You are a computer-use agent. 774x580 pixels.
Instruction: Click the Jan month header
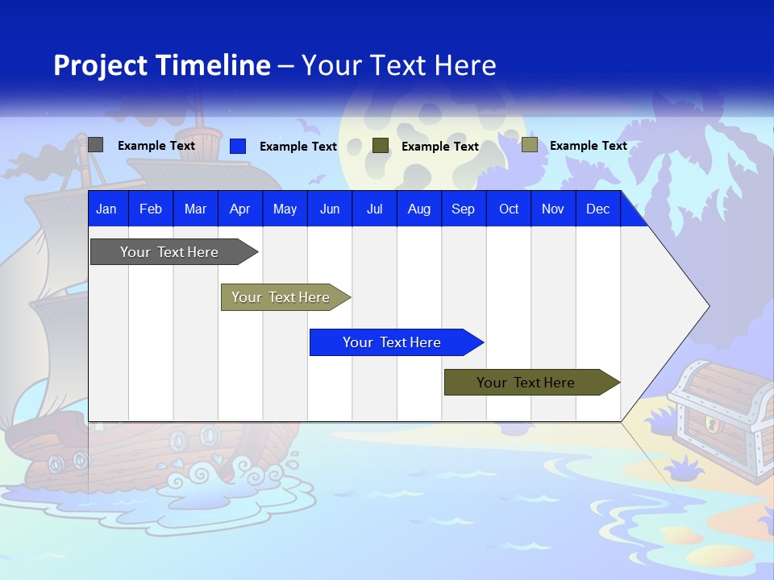107,209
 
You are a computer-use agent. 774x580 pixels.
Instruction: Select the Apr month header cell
240,209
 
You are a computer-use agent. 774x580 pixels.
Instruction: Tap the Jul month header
374,209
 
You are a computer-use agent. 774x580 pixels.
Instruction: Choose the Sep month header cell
464,209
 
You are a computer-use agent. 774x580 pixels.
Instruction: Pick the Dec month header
597,209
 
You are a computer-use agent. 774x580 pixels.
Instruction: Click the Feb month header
151,209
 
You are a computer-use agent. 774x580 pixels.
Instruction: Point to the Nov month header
553,209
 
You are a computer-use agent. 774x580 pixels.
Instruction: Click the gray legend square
96,145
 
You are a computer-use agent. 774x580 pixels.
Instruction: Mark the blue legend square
238,146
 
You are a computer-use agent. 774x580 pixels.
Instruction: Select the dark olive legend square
381,146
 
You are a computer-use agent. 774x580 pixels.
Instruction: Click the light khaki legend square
529,145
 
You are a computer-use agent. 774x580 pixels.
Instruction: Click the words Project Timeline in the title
162,65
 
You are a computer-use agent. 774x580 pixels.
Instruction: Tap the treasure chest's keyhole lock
711,423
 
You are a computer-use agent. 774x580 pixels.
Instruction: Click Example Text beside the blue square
298,147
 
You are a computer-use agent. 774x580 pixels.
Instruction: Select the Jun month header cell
330,209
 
